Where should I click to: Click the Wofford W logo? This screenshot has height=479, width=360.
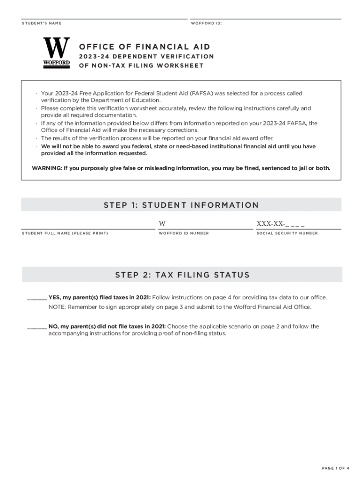57,53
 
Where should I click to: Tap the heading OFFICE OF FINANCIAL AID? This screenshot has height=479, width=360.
144,47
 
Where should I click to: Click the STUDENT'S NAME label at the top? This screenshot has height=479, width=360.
42,23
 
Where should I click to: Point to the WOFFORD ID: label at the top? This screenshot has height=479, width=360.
206,23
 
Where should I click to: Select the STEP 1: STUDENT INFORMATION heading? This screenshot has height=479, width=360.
181,205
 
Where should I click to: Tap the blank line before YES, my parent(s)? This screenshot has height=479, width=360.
37,298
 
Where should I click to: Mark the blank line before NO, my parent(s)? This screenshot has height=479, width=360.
37,327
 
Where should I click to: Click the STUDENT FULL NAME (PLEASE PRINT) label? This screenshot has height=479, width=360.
65,233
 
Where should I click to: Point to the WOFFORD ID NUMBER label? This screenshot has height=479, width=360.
184,233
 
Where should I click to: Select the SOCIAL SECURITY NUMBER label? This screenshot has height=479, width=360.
287,233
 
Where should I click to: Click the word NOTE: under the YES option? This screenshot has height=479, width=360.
57,307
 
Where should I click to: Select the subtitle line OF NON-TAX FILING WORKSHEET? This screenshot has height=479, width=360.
141,65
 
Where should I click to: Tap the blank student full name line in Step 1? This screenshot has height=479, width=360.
88,225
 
